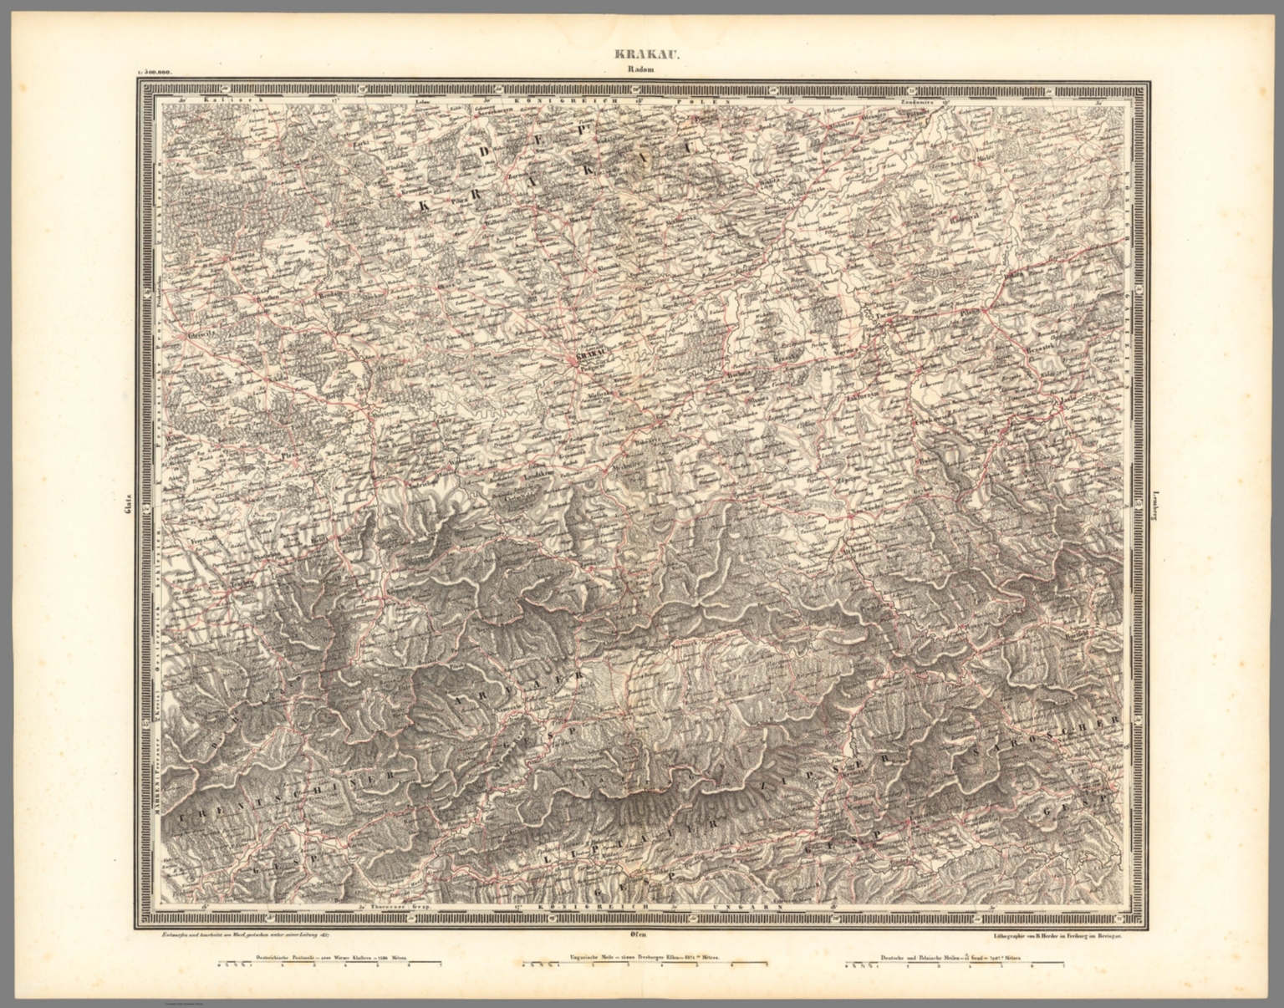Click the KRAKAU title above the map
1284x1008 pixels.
pyautogui.click(x=642, y=57)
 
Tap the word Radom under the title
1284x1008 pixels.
pyautogui.click(x=642, y=71)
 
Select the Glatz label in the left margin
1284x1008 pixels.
pyautogui.click(x=128, y=506)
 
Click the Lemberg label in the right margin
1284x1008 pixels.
pyautogui.click(x=1154, y=506)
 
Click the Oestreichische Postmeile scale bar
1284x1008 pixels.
pyautogui.click(x=329, y=968)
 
